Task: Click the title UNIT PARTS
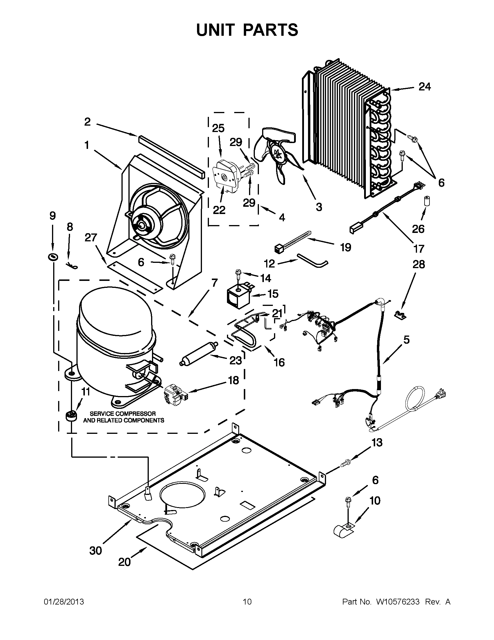click(x=247, y=30)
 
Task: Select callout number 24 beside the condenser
click(x=425, y=87)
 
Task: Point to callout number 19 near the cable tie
click(x=346, y=248)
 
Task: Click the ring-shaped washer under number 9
click(x=53, y=257)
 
